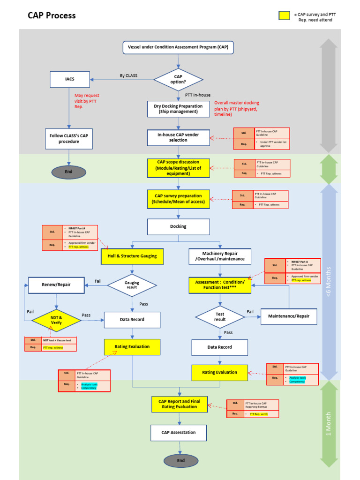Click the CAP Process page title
tap(52, 15)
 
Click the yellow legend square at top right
tap(284, 15)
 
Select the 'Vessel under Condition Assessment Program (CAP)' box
tap(178, 47)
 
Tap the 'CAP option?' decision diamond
tap(178, 79)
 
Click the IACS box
tap(69, 79)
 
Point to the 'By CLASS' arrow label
tap(128, 75)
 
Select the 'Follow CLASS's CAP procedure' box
tap(69, 138)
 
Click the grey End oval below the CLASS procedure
tap(68, 172)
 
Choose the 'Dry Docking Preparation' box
tap(178, 109)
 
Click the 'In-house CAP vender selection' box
tap(178, 137)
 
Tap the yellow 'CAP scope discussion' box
tap(178, 168)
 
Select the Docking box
tap(178, 226)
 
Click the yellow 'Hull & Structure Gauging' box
tap(132, 256)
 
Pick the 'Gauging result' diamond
tap(132, 285)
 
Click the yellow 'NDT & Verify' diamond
tap(56, 320)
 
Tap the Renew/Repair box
tap(56, 285)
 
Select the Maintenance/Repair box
tap(289, 316)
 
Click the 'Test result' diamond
tap(220, 317)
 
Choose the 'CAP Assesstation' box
tap(178, 433)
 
